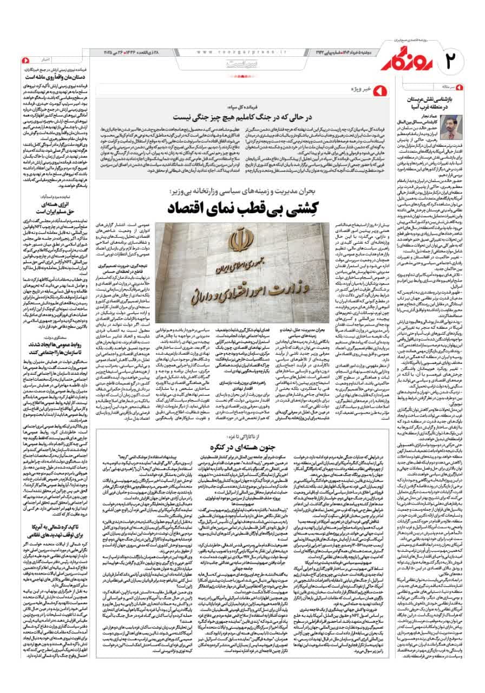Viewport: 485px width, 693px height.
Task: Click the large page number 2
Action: (x=455, y=57)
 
